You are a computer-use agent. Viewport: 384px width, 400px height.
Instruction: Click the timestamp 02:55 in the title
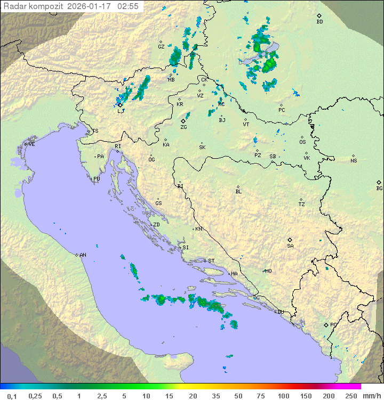pos(129,6)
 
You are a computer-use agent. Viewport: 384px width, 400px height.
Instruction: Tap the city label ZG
pos(183,127)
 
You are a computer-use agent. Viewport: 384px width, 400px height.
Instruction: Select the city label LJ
pos(121,111)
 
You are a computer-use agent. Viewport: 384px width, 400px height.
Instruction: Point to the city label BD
pos(319,22)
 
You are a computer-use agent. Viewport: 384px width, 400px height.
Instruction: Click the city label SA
pos(290,246)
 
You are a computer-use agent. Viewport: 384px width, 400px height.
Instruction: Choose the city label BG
pos(379,188)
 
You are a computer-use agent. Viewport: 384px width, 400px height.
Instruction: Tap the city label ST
pos(211,261)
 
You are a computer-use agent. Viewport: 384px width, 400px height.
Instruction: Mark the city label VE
pos(31,144)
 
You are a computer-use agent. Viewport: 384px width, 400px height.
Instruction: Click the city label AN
pos(83,255)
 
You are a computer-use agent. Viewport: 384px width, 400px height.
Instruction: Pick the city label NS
pos(354,161)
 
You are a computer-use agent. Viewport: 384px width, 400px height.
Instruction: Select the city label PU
pos(97,179)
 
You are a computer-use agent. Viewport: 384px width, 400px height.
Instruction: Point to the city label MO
pos(268,271)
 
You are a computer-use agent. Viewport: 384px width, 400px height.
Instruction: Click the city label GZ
pos(161,46)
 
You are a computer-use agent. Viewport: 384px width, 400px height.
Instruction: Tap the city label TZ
pos(302,204)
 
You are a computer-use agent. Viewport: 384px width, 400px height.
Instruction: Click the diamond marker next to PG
pos(326,324)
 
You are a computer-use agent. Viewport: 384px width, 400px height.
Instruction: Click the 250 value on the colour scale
pos(350,396)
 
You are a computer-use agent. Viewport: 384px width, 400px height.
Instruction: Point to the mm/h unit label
pos(371,396)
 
